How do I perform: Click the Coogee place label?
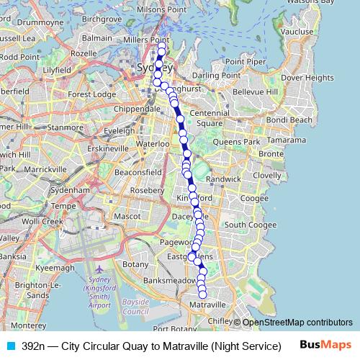click(254, 199)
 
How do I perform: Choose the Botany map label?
click(135, 265)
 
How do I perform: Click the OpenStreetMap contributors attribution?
click(297, 323)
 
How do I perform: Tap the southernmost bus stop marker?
click(202, 293)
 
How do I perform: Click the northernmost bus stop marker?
click(161, 47)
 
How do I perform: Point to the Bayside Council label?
click(136, 307)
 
